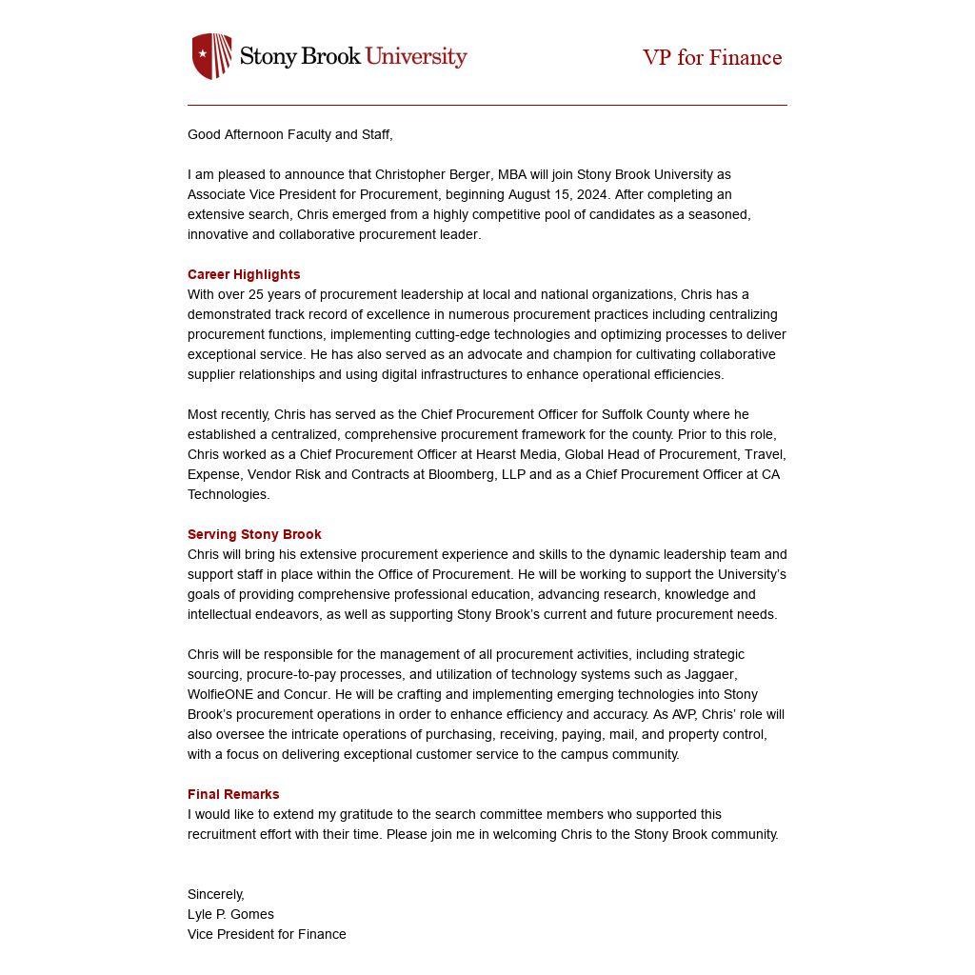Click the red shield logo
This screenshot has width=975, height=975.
coord(211,56)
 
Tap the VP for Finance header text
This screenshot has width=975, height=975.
coord(712,58)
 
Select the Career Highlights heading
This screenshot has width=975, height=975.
coord(244,274)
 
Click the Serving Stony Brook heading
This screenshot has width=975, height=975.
coord(254,534)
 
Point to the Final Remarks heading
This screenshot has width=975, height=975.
coord(233,794)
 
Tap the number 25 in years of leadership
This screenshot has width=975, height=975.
coord(256,294)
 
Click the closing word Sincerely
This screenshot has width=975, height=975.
coord(215,894)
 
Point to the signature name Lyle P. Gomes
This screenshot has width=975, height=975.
coord(230,914)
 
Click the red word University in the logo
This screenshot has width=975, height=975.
coord(416,56)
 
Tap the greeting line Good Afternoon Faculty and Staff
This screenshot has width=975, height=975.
coord(289,134)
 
